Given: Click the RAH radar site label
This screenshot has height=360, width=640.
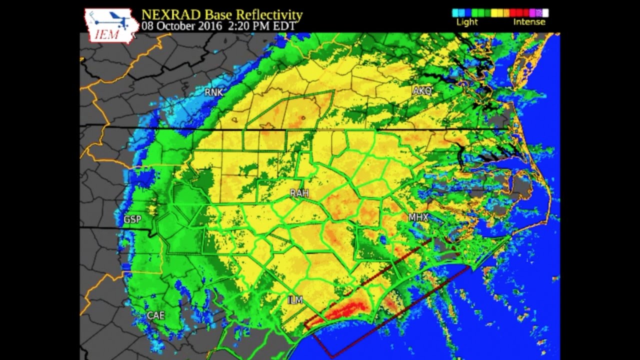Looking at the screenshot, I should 299,193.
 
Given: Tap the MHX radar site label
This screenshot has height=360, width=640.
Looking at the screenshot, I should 418,217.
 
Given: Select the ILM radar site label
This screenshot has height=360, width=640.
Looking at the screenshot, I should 295,300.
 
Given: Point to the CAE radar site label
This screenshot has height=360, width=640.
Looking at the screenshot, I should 155,315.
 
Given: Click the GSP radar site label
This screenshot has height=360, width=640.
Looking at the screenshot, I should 132,219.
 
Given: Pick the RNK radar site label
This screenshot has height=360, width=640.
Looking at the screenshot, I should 213,92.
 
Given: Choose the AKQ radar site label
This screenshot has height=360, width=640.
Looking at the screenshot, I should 422,91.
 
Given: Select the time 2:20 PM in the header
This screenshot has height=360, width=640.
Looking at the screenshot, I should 245,25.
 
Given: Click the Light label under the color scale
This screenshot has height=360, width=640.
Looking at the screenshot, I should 466,22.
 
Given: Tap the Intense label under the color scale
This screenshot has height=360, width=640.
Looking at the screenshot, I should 529,22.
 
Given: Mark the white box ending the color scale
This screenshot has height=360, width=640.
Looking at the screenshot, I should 545,13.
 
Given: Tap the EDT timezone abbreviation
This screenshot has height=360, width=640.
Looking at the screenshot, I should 284,25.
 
